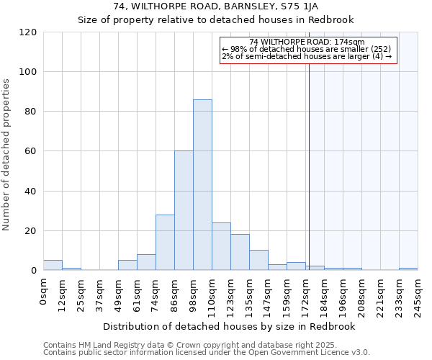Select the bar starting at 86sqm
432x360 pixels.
pyautogui.click(x=184, y=210)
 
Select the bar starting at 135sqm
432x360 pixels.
pyautogui.click(x=258, y=260)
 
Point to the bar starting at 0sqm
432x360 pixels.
pyautogui.click(x=53, y=265)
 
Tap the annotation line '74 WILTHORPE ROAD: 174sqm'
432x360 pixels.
pyautogui.click(x=307, y=42)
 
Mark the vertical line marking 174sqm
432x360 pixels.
pyautogui.click(x=309, y=158)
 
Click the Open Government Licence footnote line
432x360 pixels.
pyautogui.click(x=207, y=352)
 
